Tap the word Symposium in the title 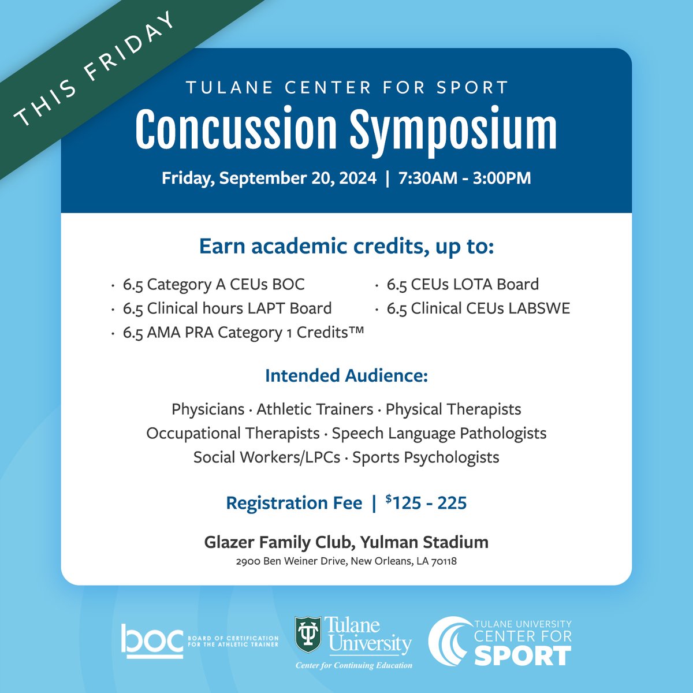click(453, 131)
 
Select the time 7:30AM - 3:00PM click(464, 178)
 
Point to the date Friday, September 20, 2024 click(269, 178)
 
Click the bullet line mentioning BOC click(213, 284)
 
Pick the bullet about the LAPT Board click(227, 308)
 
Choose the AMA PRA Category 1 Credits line click(243, 333)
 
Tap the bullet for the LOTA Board click(463, 284)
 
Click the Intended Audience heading click(346, 376)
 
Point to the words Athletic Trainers click(315, 409)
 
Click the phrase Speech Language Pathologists click(439, 433)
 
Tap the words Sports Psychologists click(426, 457)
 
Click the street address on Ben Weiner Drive click(346, 561)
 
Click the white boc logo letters click(152, 640)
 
